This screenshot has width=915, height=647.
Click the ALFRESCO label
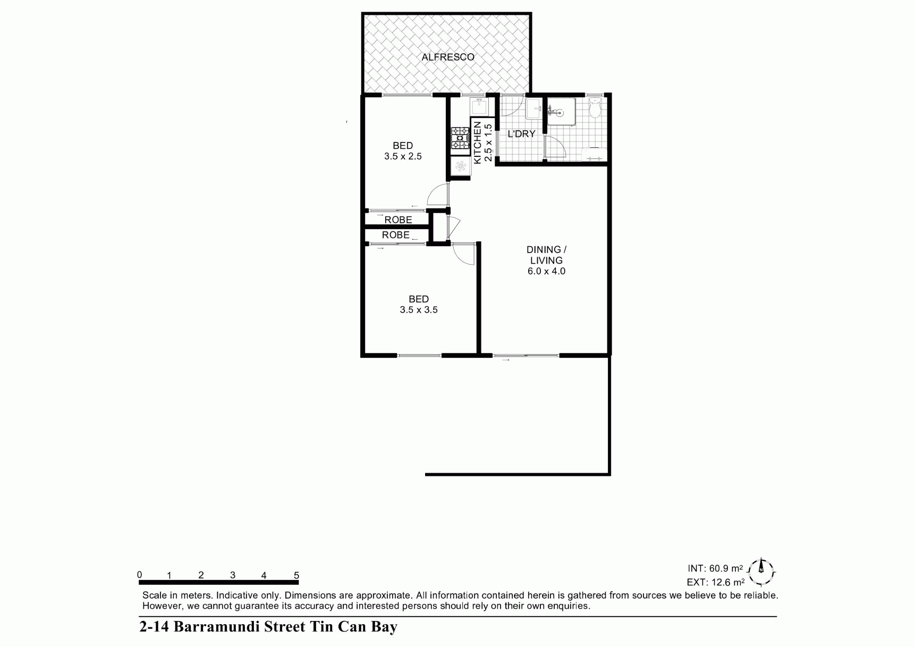click(x=447, y=57)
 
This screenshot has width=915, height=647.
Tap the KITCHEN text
click(x=477, y=142)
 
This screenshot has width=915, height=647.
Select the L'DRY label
click(x=521, y=134)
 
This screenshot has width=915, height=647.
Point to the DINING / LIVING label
click(x=546, y=255)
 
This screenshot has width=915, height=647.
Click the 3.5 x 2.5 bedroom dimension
click(x=403, y=156)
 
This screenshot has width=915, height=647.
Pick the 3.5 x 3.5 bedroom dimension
click(x=419, y=310)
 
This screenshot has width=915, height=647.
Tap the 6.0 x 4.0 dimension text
click(x=546, y=271)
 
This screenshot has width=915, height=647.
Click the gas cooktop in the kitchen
click(x=460, y=138)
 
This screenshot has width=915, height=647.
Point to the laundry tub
click(x=533, y=110)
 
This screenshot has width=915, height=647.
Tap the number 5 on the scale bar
click(x=296, y=575)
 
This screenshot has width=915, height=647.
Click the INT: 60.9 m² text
click(x=715, y=568)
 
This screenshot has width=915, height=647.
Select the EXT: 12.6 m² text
click(x=715, y=583)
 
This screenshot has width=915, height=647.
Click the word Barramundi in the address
click(x=219, y=627)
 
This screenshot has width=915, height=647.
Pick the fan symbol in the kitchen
click(x=460, y=167)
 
